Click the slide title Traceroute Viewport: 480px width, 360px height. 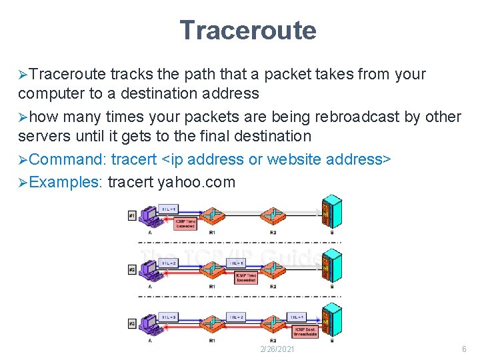coord(247,30)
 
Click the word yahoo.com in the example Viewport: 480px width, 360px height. coord(197,182)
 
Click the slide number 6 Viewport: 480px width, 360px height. coord(464,349)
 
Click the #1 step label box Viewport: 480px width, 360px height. coord(132,216)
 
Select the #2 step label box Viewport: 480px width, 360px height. coord(132,270)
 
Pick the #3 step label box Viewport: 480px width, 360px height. coord(132,324)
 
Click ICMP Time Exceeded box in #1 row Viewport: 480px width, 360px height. coord(184,224)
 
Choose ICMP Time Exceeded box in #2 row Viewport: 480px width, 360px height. coord(245,277)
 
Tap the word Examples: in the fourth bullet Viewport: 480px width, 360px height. coord(65,182)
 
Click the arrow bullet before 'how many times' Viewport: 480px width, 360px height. coord(23,118)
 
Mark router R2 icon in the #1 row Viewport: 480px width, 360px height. coord(273,215)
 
